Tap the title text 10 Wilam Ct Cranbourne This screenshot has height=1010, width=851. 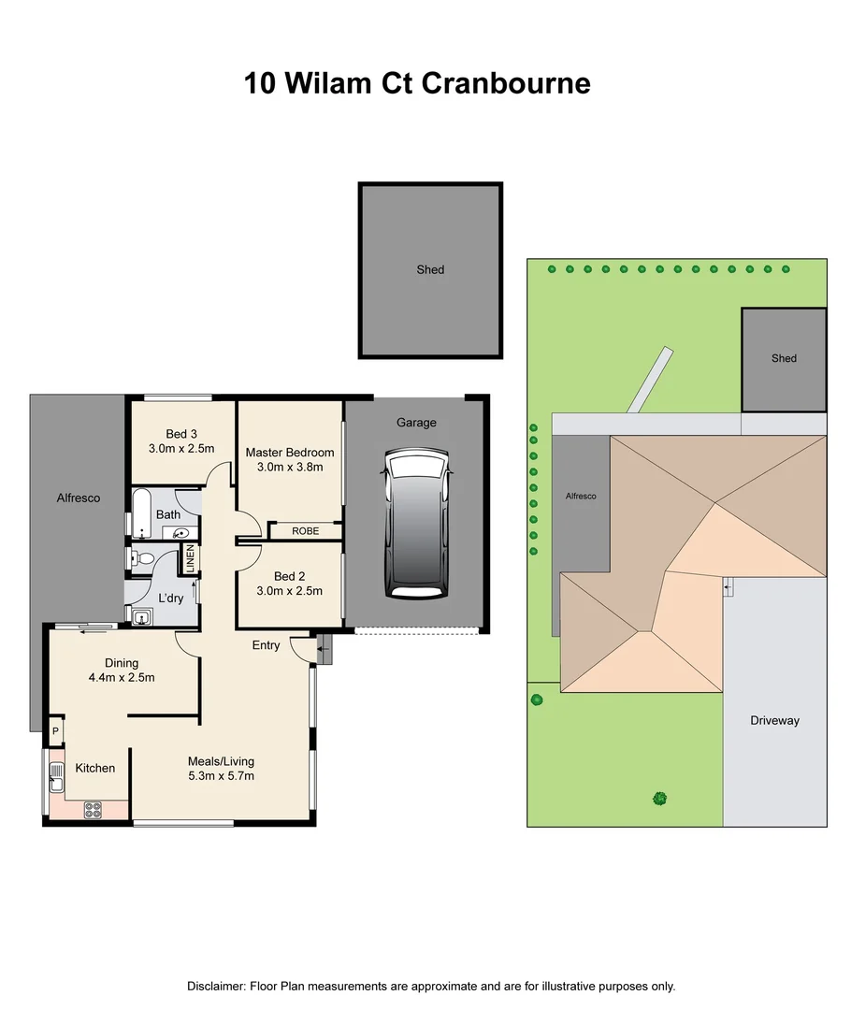417,83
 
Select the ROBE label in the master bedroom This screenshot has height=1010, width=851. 305,531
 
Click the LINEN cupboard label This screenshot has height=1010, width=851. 190,558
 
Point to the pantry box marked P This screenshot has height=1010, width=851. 55,731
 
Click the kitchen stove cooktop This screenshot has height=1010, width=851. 94,811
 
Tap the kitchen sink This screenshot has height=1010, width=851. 55,772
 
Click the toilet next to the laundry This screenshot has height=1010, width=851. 142,559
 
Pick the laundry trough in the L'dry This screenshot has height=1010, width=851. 142,616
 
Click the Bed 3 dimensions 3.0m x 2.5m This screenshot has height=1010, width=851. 181,449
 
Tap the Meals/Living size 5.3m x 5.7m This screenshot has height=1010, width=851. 221,776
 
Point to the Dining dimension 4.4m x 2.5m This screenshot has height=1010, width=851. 122,678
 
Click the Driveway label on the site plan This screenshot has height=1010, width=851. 774,721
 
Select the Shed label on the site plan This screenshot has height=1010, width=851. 784,358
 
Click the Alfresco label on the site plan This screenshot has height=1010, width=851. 580,497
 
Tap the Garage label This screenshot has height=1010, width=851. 416,423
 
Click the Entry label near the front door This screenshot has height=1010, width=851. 266,645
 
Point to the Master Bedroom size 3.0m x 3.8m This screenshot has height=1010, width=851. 290,467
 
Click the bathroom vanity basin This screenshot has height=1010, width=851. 180,534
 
